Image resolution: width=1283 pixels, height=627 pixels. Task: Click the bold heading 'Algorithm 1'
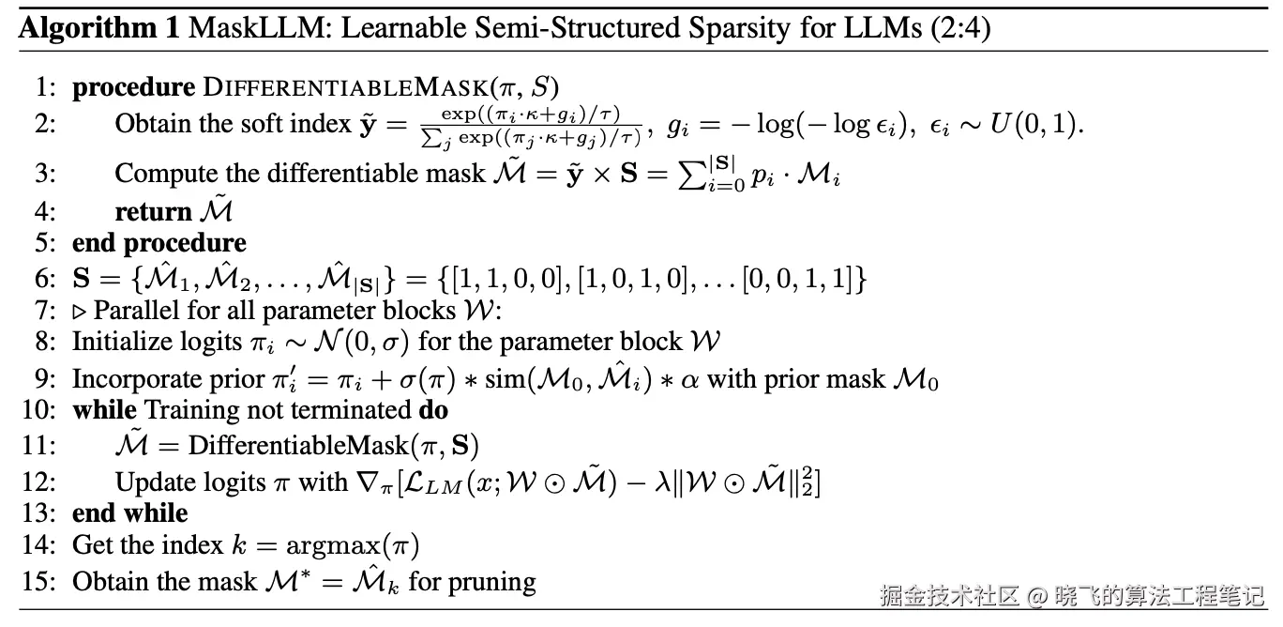[99, 28]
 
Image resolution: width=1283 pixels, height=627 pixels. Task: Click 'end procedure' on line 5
[158, 243]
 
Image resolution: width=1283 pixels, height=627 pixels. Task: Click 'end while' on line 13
[129, 513]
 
